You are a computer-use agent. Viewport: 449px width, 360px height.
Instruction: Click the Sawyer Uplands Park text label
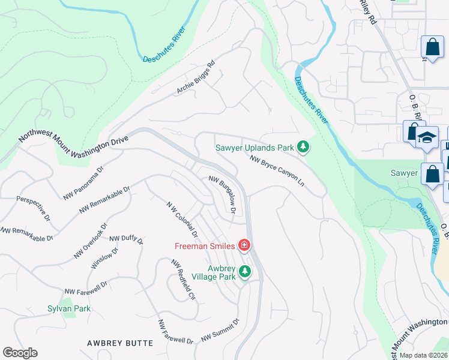tap(255, 147)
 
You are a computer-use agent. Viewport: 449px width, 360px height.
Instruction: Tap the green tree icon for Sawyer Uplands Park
tap(304, 147)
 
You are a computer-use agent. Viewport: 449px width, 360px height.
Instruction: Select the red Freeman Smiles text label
tap(205, 245)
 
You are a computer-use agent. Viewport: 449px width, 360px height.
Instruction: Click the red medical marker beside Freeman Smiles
tap(244, 245)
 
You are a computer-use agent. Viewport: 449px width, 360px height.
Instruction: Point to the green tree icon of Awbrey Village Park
tap(244, 272)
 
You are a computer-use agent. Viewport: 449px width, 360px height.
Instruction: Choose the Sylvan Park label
tap(69, 308)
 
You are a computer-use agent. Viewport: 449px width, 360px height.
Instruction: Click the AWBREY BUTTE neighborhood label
tap(120, 343)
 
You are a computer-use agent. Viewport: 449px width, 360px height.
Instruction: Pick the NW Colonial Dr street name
tap(182, 219)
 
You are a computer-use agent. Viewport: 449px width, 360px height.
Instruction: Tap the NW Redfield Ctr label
tap(184, 280)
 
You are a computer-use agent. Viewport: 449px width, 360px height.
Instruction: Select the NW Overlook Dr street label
tap(91, 241)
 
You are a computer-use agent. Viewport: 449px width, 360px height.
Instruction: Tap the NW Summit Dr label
tap(220, 330)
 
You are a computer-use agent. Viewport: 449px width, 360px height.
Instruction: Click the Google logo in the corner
tap(20, 353)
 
